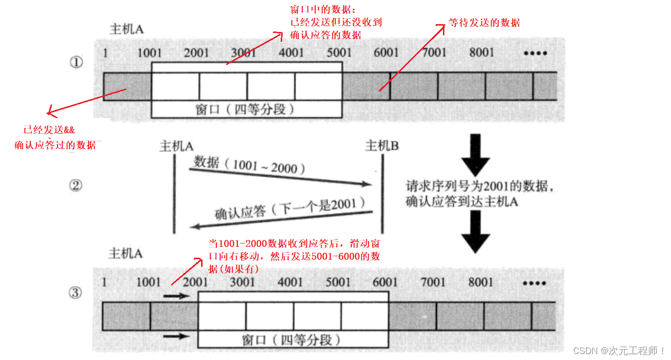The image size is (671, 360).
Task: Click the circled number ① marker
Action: pos(76,63)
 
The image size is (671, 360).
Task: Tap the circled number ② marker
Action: pos(76,185)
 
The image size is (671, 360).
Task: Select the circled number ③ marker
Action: pos(76,293)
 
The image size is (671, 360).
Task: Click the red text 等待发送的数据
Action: pos(484,23)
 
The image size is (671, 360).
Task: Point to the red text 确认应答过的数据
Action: pos(55,146)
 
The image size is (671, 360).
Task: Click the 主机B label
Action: pos(382,146)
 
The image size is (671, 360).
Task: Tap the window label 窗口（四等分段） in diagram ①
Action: pos(246,109)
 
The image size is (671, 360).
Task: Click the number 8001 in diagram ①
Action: pos(482,52)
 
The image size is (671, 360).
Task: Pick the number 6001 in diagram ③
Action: pos(385,282)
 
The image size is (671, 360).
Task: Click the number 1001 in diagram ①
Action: pos(149,53)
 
